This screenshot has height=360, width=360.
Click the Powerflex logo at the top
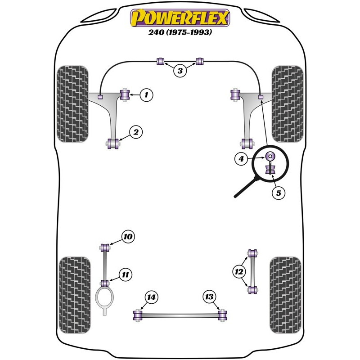point(180,18)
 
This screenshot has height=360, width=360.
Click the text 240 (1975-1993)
point(180,32)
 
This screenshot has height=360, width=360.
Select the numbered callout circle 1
point(146,94)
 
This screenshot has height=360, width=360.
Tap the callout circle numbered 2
point(136,132)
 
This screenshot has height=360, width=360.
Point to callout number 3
point(180,71)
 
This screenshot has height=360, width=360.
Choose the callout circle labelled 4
point(241,159)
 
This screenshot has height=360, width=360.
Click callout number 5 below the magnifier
point(278,193)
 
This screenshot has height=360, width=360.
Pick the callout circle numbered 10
point(128,237)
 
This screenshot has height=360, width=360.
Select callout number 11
point(126,274)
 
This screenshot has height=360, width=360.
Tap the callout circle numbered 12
point(239,272)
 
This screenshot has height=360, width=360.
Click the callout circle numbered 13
point(209,297)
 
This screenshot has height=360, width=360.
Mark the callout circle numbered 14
point(152,297)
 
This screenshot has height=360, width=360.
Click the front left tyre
point(72,104)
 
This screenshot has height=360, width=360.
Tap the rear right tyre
point(285,295)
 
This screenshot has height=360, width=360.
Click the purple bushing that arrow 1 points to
point(125,94)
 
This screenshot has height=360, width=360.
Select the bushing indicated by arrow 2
point(113,144)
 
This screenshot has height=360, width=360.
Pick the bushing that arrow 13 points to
point(222,315)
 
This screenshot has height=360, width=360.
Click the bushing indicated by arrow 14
point(138,315)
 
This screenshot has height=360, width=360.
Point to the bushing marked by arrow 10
point(105,248)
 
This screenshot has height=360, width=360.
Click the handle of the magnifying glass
point(246,187)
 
